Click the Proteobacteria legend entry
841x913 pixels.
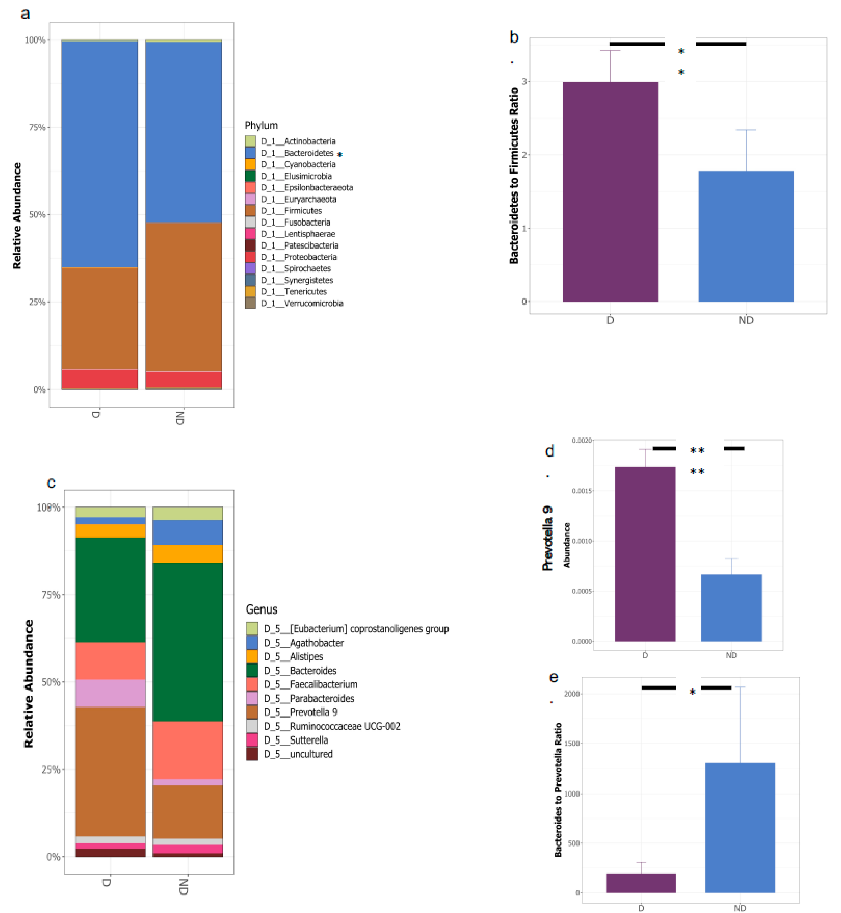[x=310, y=257]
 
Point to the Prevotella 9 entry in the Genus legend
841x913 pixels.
[x=313, y=712]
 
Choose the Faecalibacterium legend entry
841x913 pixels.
[x=323, y=684]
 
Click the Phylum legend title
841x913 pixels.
[x=261, y=125]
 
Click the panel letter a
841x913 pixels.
[x=26, y=14]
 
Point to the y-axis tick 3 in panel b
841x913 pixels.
[x=524, y=81]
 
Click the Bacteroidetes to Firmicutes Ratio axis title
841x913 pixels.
[x=514, y=175]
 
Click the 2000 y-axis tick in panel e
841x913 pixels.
[x=572, y=694]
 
